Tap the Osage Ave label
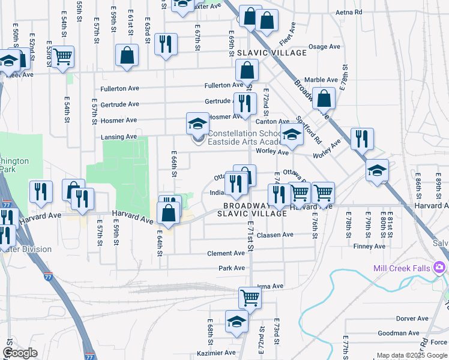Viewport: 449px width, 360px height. [x=324, y=47]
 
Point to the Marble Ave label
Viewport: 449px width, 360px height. [x=321, y=80]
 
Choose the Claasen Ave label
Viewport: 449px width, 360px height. [x=275, y=235]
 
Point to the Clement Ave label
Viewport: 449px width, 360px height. [x=226, y=254]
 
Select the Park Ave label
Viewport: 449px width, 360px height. [x=232, y=268]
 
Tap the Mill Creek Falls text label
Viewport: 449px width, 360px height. [x=401, y=268]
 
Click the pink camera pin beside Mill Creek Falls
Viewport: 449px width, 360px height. [x=440, y=266]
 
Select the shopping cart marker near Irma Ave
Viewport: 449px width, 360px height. [x=250, y=296]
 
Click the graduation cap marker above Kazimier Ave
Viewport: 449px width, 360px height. [x=237, y=321]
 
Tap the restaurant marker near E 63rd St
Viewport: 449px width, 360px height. [x=165, y=44]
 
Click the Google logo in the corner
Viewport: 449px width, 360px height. [x=20, y=353]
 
